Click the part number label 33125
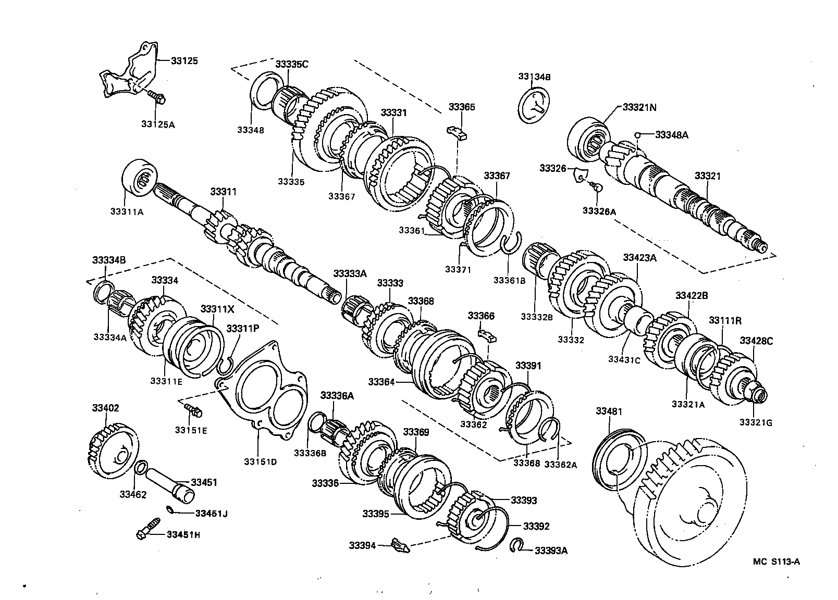(x=184, y=61)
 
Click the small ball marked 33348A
(x=637, y=135)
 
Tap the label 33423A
(x=639, y=257)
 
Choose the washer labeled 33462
(x=140, y=467)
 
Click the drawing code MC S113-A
(x=776, y=561)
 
